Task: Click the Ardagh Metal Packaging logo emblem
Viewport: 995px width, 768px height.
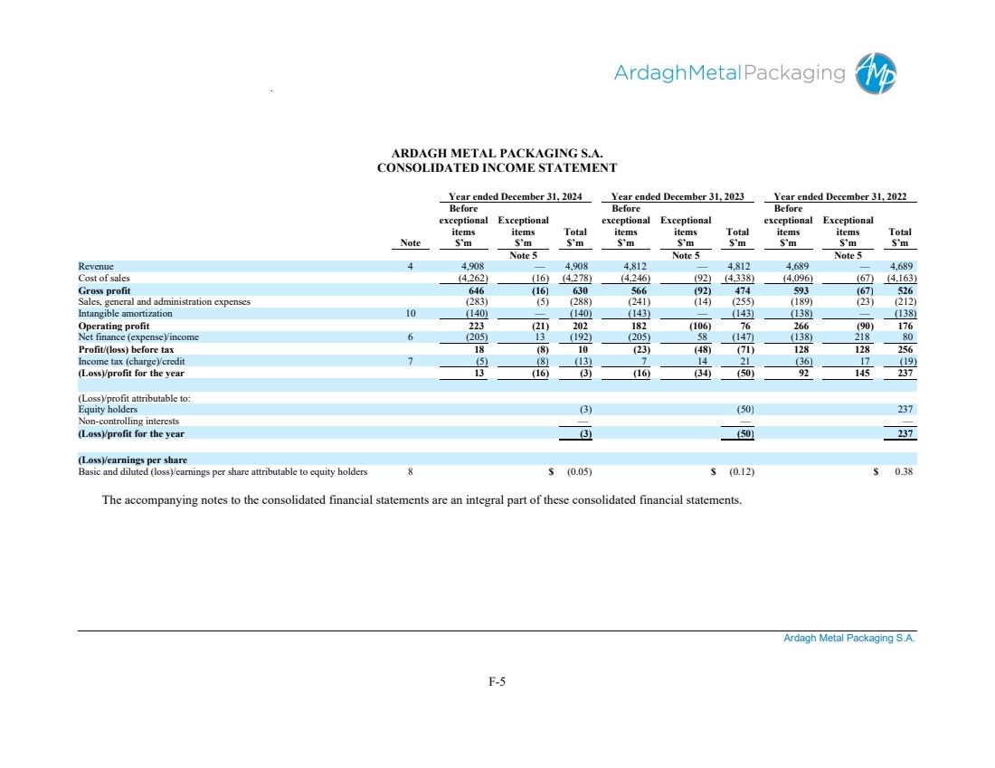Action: (876, 73)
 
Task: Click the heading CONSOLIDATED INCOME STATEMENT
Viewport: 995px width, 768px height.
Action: (497, 168)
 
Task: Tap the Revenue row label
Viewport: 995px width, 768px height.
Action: (95, 267)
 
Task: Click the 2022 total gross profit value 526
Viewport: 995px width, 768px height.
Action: (904, 290)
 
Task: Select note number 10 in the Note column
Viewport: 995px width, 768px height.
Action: (411, 314)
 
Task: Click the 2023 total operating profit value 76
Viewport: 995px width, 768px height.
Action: (745, 326)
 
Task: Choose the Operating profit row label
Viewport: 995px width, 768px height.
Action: (113, 326)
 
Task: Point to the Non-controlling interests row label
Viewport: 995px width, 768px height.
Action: (128, 421)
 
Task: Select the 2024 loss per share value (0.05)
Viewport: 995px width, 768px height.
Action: (579, 471)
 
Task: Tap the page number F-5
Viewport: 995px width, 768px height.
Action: (497, 682)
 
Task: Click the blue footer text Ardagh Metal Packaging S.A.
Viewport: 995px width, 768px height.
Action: (849, 639)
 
